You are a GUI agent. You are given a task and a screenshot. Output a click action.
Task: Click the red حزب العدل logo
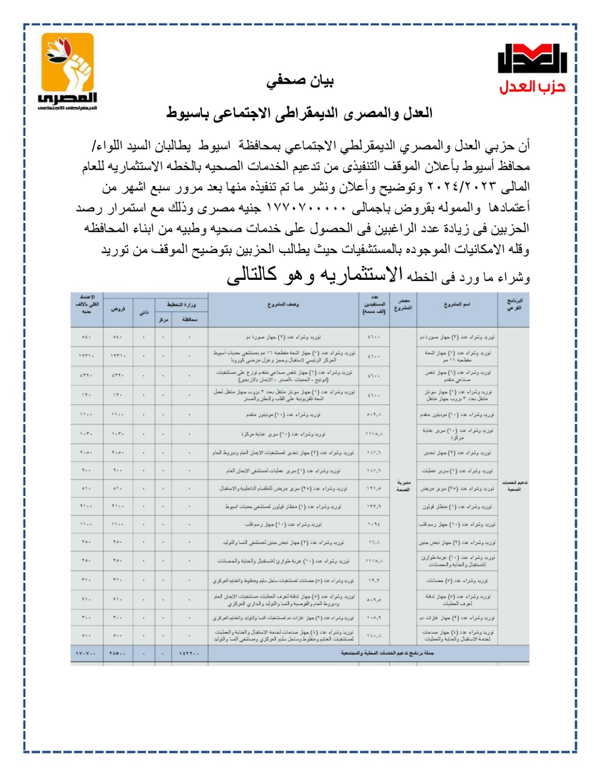click(x=533, y=68)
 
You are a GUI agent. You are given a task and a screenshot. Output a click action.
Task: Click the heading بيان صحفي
click(x=300, y=81)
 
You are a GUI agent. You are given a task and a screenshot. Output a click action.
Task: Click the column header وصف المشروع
click(x=283, y=305)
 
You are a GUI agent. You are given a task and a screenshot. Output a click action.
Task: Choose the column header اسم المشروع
click(x=456, y=305)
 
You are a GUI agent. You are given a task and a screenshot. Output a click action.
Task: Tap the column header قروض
click(x=117, y=308)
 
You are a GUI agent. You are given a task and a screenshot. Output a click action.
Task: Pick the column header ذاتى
click(x=144, y=312)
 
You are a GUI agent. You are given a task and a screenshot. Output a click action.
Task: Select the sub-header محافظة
click(x=189, y=320)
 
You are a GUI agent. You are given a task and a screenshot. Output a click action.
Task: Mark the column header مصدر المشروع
click(x=403, y=305)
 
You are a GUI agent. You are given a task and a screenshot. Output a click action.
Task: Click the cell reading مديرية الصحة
click(x=403, y=485)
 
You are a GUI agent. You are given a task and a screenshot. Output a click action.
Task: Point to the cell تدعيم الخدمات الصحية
click(x=514, y=485)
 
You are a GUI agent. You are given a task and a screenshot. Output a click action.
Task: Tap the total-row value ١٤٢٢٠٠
click(x=189, y=653)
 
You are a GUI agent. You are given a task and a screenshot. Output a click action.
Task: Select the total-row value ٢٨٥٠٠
click(x=117, y=653)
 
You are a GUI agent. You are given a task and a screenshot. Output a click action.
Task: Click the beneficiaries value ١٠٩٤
click(x=374, y=524)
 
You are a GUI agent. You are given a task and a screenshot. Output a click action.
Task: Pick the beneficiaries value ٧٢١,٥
click(x=374, y=488)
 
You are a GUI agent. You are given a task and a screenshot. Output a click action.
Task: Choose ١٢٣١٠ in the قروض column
click(x=117, y=356)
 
